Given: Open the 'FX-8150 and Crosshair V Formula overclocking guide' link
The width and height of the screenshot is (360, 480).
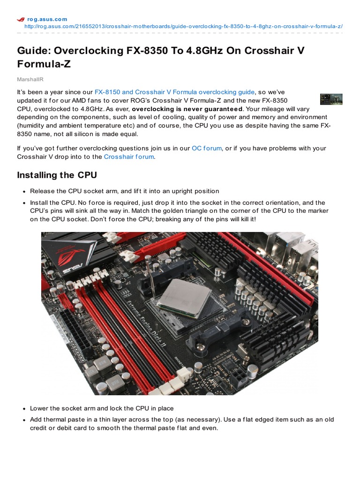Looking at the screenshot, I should pos(174,92).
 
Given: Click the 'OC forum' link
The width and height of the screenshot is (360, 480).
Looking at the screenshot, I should pos(206,148).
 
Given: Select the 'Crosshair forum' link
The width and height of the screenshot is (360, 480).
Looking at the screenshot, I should pos(128,157).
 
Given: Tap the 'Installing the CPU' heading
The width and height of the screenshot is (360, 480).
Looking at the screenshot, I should pos(57,175).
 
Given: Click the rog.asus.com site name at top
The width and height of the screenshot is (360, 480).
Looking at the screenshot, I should pos(47,19).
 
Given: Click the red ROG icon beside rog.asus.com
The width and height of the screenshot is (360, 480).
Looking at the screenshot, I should pos(21,19).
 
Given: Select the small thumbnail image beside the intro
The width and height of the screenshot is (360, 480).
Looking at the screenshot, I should pos(331,99).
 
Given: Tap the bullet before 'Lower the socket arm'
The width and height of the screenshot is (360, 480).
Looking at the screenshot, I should pos(23,409).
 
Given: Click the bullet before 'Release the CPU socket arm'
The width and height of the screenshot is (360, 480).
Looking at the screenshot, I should pos(23,191).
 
